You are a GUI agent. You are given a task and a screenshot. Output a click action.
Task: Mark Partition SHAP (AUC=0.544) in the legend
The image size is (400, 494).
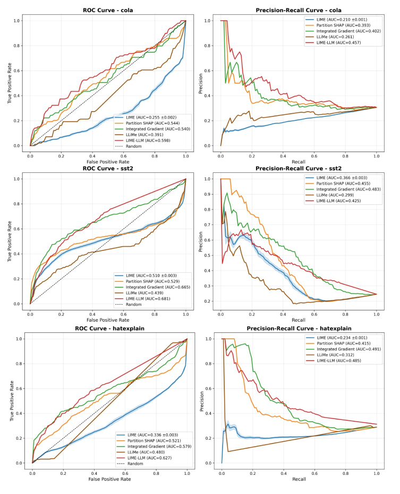[153, 122]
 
